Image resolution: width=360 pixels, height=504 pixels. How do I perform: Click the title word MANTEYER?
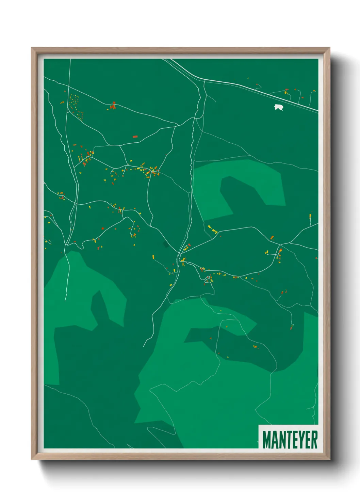[x=290, y=440]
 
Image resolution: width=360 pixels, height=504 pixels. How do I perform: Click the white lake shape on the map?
[x=279, y=108]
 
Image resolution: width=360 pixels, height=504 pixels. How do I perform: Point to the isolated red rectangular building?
[x=135, y=137]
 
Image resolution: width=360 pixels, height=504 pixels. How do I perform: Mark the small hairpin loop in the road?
[x=207, y=279]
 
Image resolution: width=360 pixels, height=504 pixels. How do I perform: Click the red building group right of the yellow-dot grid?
[x=113, y=106]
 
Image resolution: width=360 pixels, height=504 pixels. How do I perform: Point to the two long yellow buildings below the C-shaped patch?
[x=212, y=229]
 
